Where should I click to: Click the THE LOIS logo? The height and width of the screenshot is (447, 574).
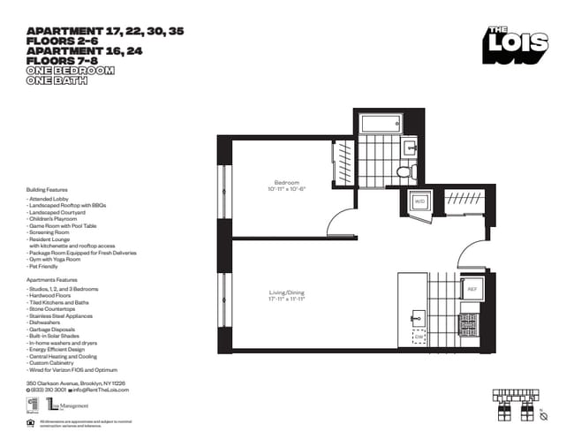(516, 45)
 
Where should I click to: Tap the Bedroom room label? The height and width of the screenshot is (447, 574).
(286, 182)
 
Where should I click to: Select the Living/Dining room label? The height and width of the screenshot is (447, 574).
(286, 293)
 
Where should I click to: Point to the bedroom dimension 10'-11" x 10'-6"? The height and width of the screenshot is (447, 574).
(286, 189)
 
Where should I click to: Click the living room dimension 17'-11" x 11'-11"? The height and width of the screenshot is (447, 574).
(286, 300)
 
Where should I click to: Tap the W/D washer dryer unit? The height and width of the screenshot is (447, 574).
(420, 202)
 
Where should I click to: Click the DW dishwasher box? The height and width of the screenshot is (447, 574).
(418, 337)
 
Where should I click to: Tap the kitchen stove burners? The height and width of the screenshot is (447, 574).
(471, 323)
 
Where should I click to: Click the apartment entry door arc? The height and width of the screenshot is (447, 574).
(472, 253)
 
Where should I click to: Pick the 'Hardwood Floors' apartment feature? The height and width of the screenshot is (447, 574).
(49, 296)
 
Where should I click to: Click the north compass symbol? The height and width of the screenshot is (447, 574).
(545, 414)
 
